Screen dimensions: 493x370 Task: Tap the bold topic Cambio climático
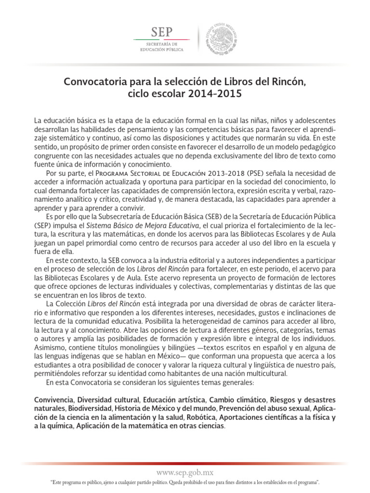point(237,400)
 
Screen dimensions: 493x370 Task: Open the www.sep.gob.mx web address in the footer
point(185,473)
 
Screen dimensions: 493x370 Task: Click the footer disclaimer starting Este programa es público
point(185,482)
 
